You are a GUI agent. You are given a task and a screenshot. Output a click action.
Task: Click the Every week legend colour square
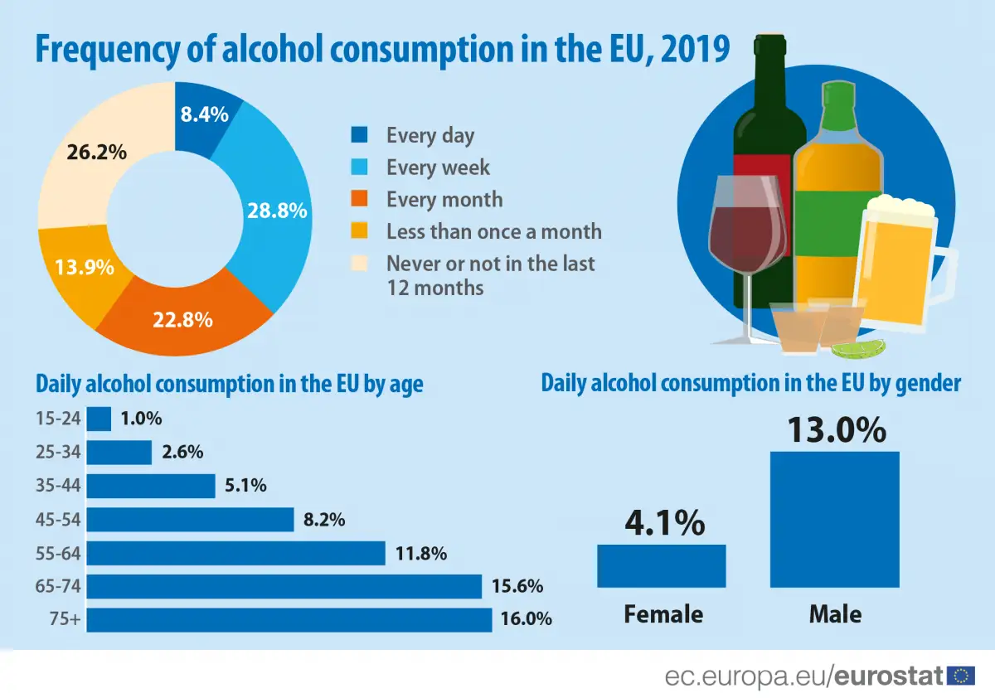coord(360,167)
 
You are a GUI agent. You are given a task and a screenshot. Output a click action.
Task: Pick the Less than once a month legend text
coord(493,231)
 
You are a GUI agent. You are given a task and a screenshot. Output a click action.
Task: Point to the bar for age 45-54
coord(190,520)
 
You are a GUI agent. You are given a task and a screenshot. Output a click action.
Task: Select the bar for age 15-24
coord(99,419)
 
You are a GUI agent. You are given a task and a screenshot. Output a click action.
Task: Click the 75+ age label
coord(66,620)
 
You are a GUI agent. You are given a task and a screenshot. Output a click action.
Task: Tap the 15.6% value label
coord(517,587)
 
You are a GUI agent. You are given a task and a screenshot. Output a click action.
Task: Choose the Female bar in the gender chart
coord(661,565)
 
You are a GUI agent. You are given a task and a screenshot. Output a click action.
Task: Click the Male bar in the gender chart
coord(834,519)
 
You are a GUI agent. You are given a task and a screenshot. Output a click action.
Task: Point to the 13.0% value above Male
coord(836,430)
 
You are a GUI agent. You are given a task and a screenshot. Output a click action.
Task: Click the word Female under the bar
coord(663,614)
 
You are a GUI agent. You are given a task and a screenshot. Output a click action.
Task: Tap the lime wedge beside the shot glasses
coord(858,348)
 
